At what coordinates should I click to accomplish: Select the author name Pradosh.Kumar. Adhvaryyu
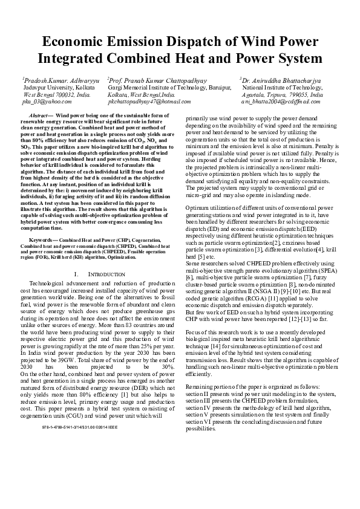click(x=53, y=80)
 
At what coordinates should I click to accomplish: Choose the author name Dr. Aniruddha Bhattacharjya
click(x=283, y=80)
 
